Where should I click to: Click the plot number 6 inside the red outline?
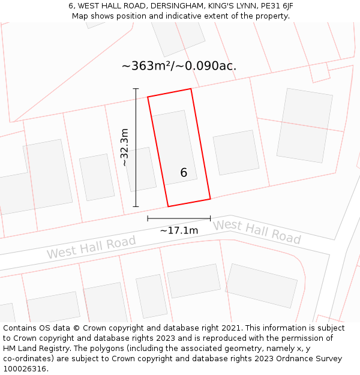(184, 173)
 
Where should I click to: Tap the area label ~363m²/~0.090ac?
(179, 66)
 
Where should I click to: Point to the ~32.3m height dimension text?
(125, 148)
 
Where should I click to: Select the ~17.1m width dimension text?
(179, 230)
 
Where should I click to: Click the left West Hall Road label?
(91, 247)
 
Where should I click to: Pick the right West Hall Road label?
(257, 232)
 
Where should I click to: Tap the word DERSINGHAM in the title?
(176, 6)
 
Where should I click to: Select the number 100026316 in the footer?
(23, 368)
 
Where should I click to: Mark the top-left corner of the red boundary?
(148, 97)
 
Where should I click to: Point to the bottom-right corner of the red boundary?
(211, 199)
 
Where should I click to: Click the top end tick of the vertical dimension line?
(136, 89)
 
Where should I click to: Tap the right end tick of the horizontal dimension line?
(211, 218)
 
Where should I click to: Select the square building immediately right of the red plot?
(236, 152)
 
